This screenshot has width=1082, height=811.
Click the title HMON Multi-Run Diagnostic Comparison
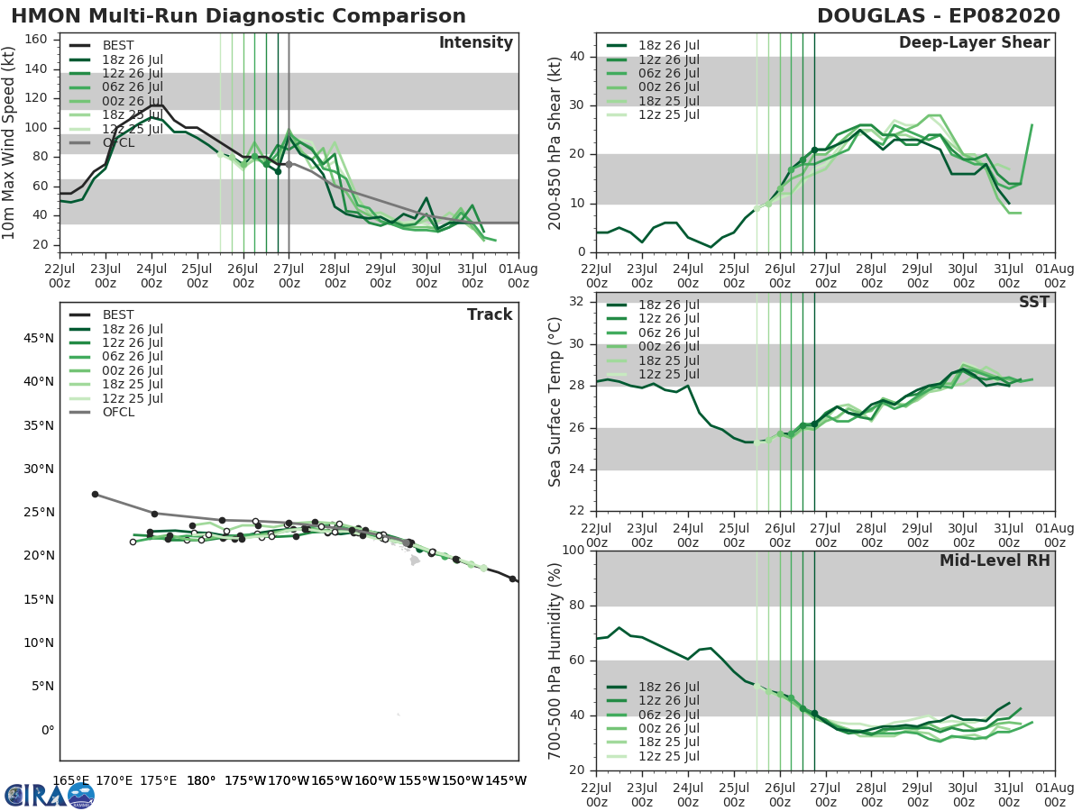[x=238, y=16]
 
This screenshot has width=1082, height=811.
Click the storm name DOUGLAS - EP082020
[x=938, y=16]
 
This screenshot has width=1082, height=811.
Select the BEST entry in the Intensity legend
[x=118, y=45]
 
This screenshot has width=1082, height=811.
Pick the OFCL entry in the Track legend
[x=118, y=412]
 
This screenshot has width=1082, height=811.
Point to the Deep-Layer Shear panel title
[x=974, y=43]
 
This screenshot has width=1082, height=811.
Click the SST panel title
[x=1033, y=302]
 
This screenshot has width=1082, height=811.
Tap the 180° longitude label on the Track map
[x=200, y=780]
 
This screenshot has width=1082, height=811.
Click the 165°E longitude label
[x=70, y=780]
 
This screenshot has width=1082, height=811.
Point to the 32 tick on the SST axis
[x=577, y=302]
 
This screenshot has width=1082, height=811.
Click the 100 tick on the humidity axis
[x=573, y=551]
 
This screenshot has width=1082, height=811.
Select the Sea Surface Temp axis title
[x=556, y=403]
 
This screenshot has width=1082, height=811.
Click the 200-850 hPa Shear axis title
[x=556, y=142]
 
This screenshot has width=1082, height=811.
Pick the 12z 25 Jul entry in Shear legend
[x=665, y=114]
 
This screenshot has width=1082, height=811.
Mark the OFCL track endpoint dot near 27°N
[x=95, y=494]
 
